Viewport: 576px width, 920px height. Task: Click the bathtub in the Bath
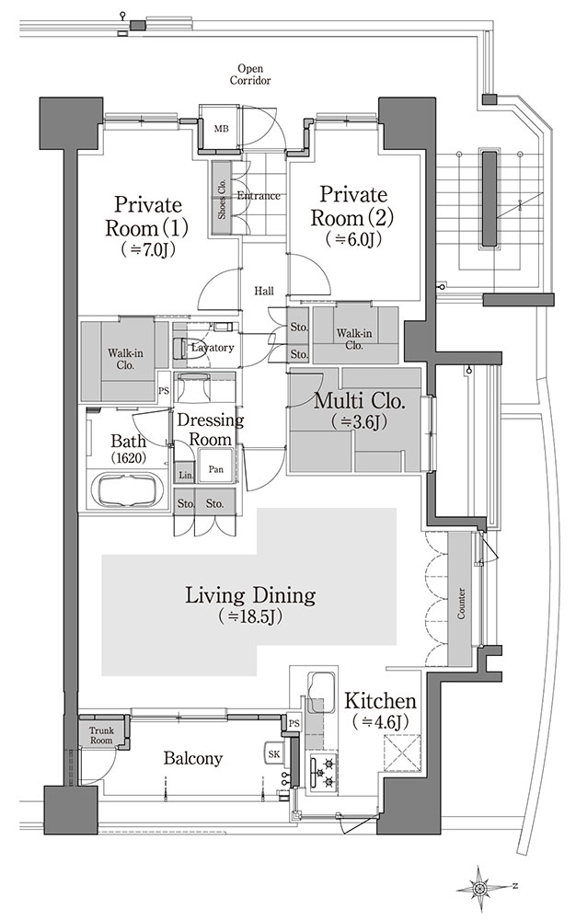(x=128, y=490)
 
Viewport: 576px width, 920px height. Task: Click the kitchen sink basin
(x=321, y=686)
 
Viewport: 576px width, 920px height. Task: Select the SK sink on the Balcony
(x=274, y=754)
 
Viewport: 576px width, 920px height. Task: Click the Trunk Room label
(x=101, y=735)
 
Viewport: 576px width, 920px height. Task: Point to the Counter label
(x=461, y=604)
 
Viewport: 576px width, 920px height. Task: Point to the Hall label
(x=264, y=291)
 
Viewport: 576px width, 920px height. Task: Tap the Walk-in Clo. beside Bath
(x=125, y=359)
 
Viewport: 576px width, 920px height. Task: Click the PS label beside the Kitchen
(x=294, y=723)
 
